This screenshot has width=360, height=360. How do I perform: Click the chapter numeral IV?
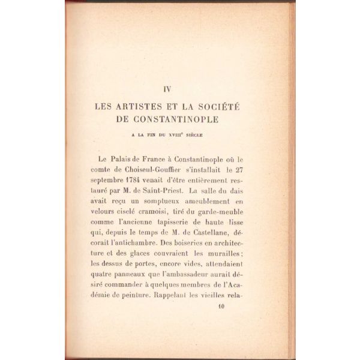168,89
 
